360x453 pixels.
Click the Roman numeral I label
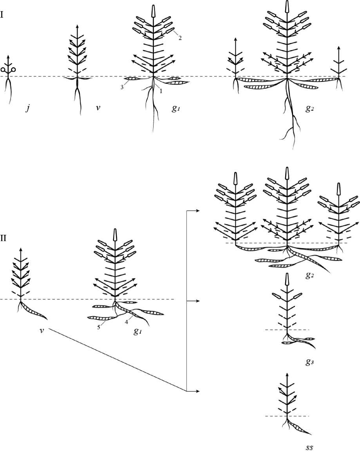2,14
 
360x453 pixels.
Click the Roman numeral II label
4,238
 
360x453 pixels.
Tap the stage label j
28,108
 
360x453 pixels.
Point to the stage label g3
309,362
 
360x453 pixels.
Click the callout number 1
161,91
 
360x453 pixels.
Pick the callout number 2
180,38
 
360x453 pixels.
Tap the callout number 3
122,87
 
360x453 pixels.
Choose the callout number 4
127,322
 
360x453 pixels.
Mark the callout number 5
99,328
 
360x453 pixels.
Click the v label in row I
98,108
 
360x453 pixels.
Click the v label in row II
42,330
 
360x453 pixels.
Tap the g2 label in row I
309,109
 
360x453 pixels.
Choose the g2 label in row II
310,275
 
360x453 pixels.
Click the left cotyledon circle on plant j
3,70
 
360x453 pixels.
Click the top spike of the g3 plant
287,278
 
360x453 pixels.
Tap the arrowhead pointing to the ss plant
198,391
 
